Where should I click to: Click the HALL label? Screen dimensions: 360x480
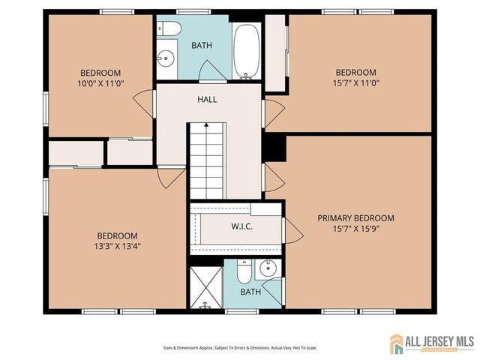click(208, 100)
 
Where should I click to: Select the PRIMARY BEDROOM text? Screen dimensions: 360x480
click(355, 218)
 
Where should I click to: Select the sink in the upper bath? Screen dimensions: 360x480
click(166, 57)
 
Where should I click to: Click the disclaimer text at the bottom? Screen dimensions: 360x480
click(240, 348)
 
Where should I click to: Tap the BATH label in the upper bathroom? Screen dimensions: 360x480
click(202, 45)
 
